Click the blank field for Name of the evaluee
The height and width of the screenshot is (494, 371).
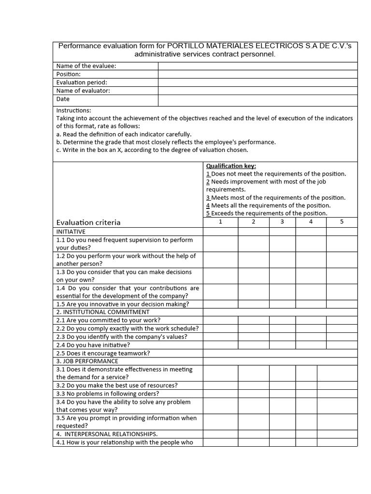tap(257, 66)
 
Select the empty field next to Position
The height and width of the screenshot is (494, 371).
tap(257, 74)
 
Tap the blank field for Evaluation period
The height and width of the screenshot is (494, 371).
tap(257, 82)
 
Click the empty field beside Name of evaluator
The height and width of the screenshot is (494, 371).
tap(257, 91)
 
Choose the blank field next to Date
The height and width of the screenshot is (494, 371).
tap(257, 100)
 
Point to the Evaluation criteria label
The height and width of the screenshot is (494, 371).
tap(88, 222)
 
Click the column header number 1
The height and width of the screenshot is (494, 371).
tap(220, 222)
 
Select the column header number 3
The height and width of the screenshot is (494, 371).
tap(282, 222)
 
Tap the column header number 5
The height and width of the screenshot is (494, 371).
tap(342, 222)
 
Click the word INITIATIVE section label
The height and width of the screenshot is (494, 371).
tap(71, 232)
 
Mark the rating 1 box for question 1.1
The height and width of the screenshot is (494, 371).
tap(220, 244)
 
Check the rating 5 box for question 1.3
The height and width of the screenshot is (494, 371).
tap(342, 276)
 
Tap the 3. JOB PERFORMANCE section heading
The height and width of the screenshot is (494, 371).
tap(87, 361)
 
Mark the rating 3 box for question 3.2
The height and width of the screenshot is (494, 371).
tap(282, 385)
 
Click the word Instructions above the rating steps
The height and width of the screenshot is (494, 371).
tap(73, 110)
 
